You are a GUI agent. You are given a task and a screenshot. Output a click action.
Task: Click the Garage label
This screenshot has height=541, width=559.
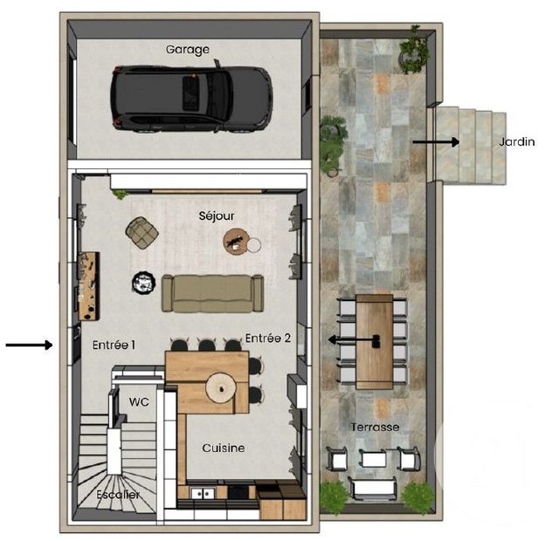point(188,50)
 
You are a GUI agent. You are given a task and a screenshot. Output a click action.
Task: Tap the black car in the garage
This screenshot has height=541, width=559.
point(191,98)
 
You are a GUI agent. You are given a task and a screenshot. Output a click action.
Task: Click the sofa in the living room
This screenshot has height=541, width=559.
point(212,293)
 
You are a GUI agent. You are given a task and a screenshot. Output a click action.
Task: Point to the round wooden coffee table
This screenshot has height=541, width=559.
point(238,240)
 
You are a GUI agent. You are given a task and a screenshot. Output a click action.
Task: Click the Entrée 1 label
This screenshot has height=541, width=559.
point(114,346)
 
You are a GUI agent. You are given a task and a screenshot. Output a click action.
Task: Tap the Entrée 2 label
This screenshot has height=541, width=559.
point(268,338)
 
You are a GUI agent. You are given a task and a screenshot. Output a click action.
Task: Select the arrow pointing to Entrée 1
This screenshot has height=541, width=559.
point(29,346)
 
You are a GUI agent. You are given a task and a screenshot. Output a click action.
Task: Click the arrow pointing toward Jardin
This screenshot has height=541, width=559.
point(434,140)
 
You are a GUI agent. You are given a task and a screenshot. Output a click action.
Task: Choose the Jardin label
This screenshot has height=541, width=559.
point(516,141)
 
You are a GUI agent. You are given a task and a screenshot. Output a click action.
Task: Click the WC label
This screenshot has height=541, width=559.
point(139,402)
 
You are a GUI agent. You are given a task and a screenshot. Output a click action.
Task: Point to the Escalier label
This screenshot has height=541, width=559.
point(119,495)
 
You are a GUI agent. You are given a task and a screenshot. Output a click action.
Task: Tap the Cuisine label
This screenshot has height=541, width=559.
point(224,448)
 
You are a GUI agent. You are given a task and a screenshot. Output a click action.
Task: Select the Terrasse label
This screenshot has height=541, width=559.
point(375,427)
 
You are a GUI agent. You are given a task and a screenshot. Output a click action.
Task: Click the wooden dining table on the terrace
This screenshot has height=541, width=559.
point(375,340)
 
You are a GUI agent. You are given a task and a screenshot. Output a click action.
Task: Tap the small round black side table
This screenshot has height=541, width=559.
point(142,281)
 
